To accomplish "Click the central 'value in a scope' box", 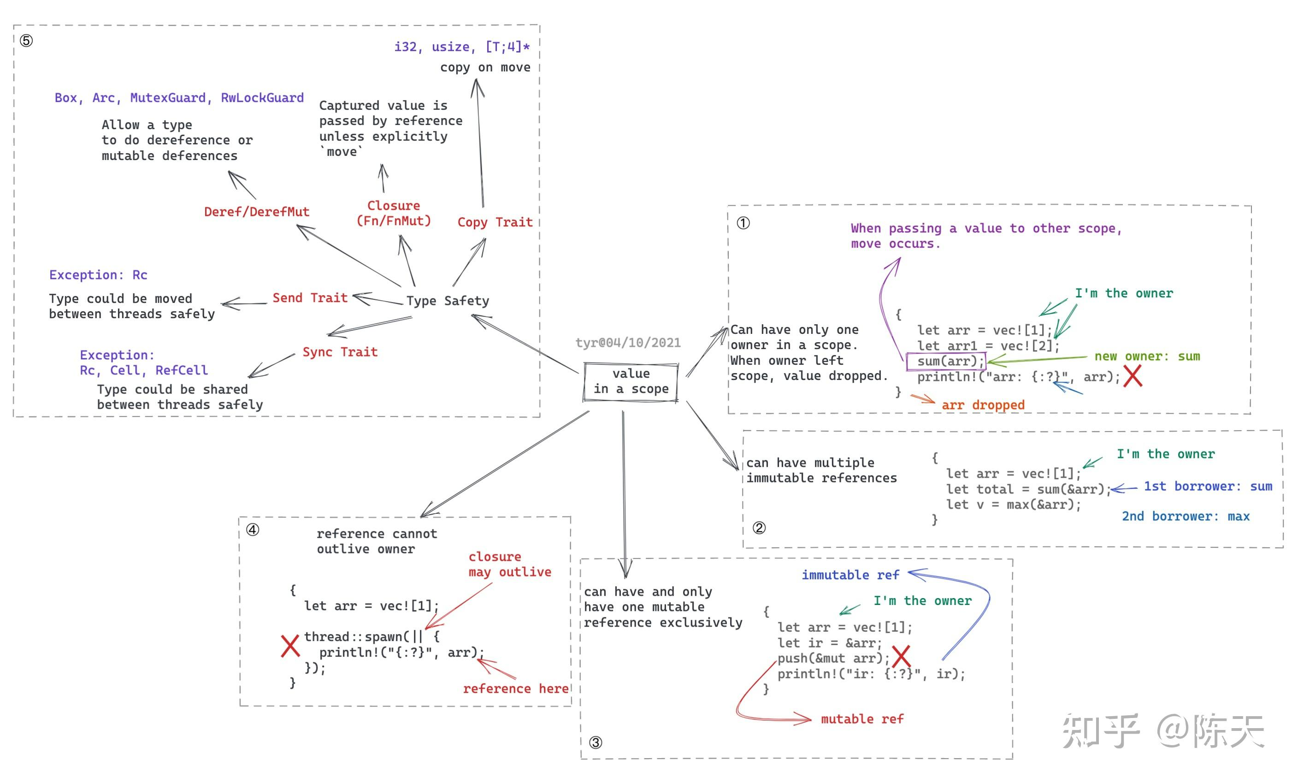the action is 631,381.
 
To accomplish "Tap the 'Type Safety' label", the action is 448,301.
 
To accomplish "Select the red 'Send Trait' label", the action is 310,298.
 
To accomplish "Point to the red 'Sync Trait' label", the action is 340,352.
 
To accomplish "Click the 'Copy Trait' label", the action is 495,222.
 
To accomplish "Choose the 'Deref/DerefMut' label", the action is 257,212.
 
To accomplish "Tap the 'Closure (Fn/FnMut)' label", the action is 394,214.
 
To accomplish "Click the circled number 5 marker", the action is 26,41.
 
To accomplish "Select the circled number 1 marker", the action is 743,223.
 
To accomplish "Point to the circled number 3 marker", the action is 595,742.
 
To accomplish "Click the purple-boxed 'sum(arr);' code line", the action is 946,362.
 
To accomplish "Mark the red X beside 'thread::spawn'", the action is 290,646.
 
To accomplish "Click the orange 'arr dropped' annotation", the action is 983,405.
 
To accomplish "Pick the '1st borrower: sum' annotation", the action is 1208,486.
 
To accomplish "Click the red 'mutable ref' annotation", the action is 862,719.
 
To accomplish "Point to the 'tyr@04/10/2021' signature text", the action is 628,343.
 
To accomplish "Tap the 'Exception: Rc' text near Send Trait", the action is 99,275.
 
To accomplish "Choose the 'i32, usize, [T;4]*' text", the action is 462,47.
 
